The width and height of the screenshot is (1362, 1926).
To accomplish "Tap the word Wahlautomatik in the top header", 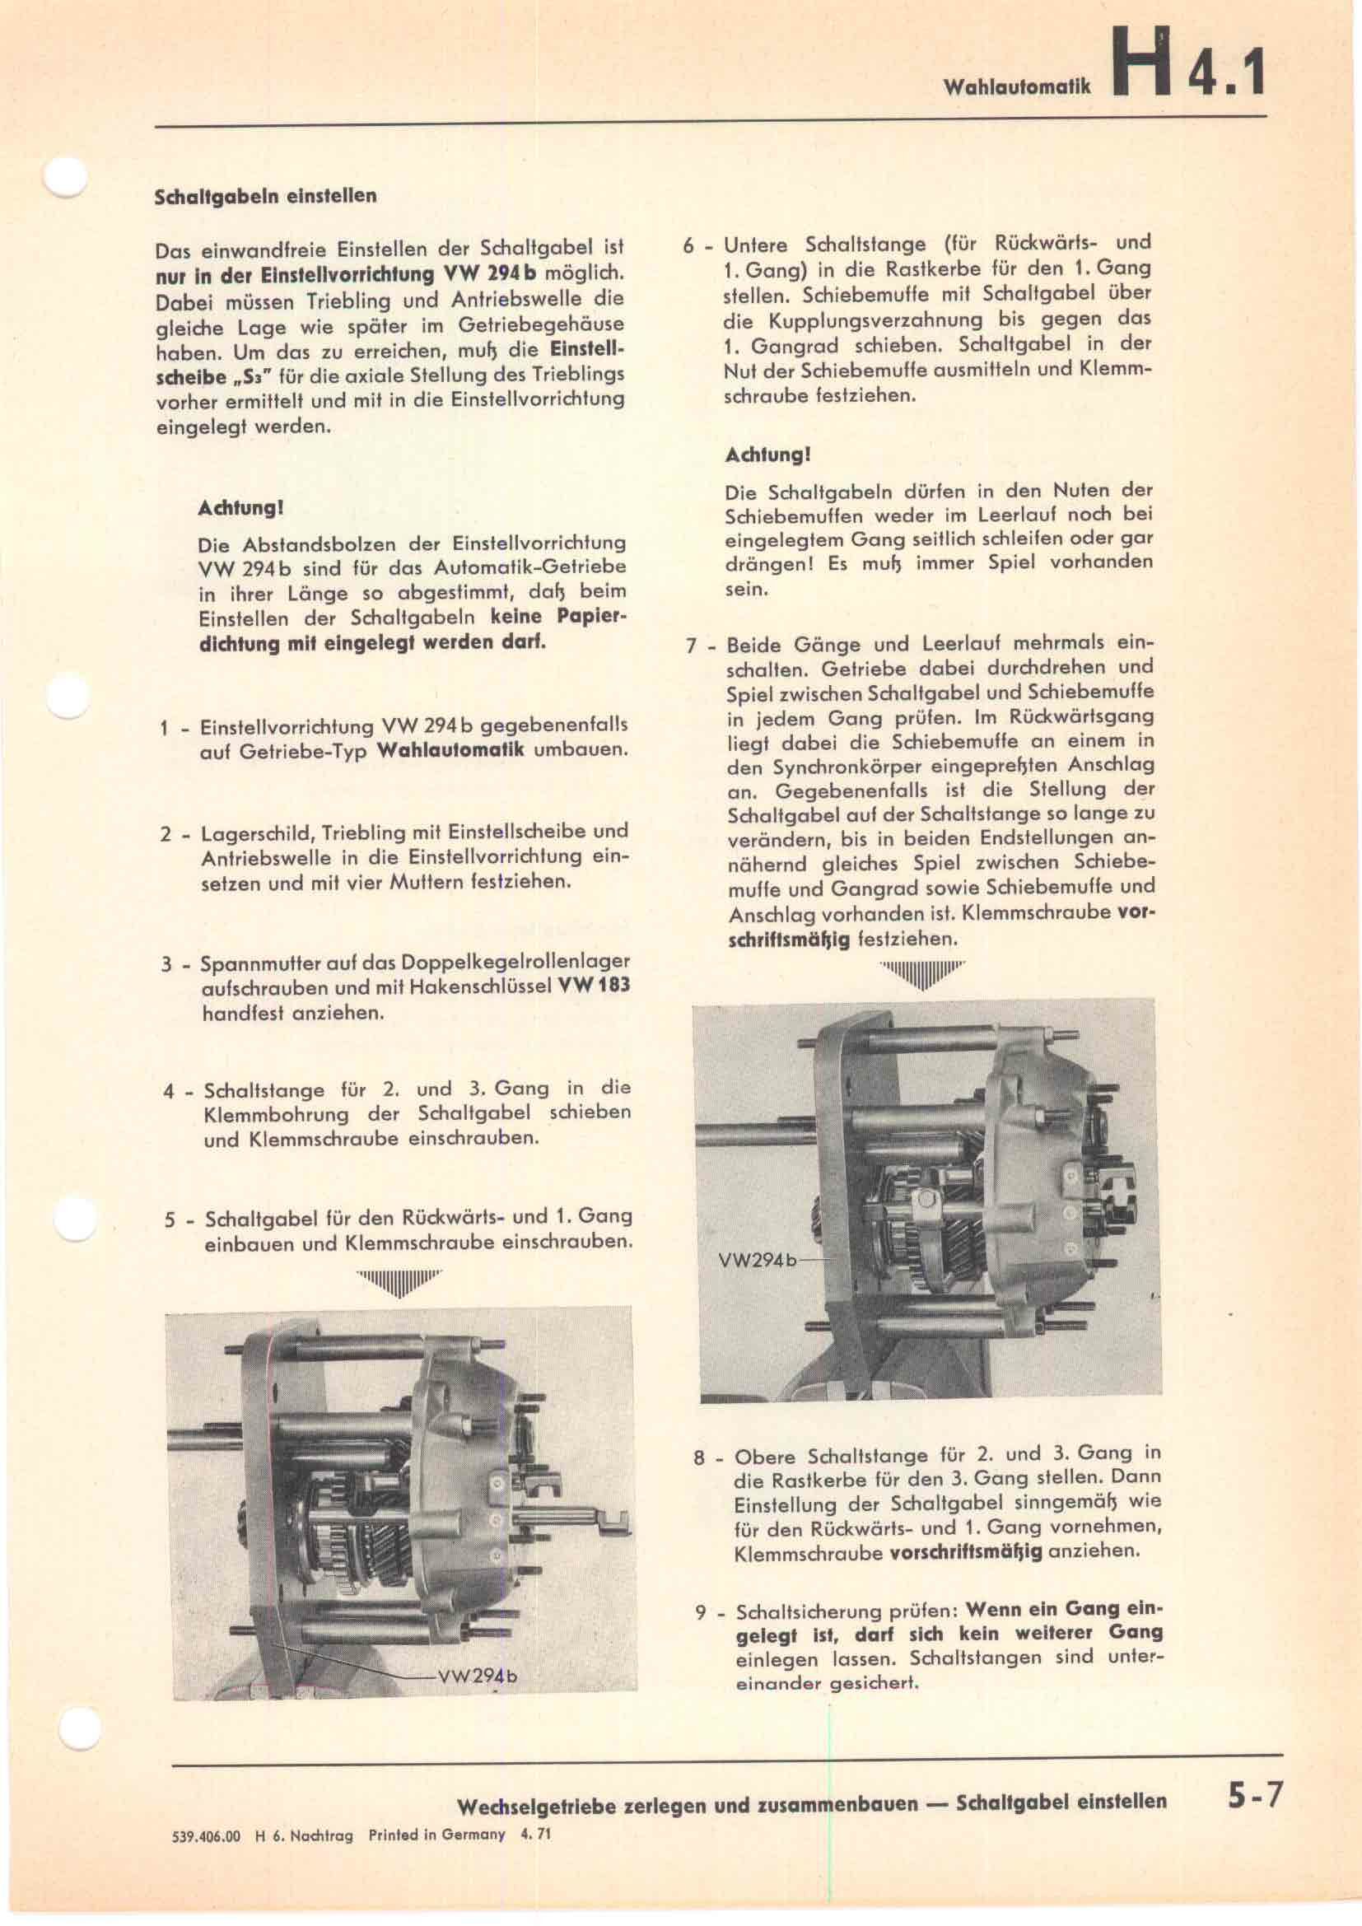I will (1016, 86).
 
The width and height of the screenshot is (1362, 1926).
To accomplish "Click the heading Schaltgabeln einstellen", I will (266, 196).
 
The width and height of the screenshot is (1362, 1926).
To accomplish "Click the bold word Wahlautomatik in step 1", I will (451, 750).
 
